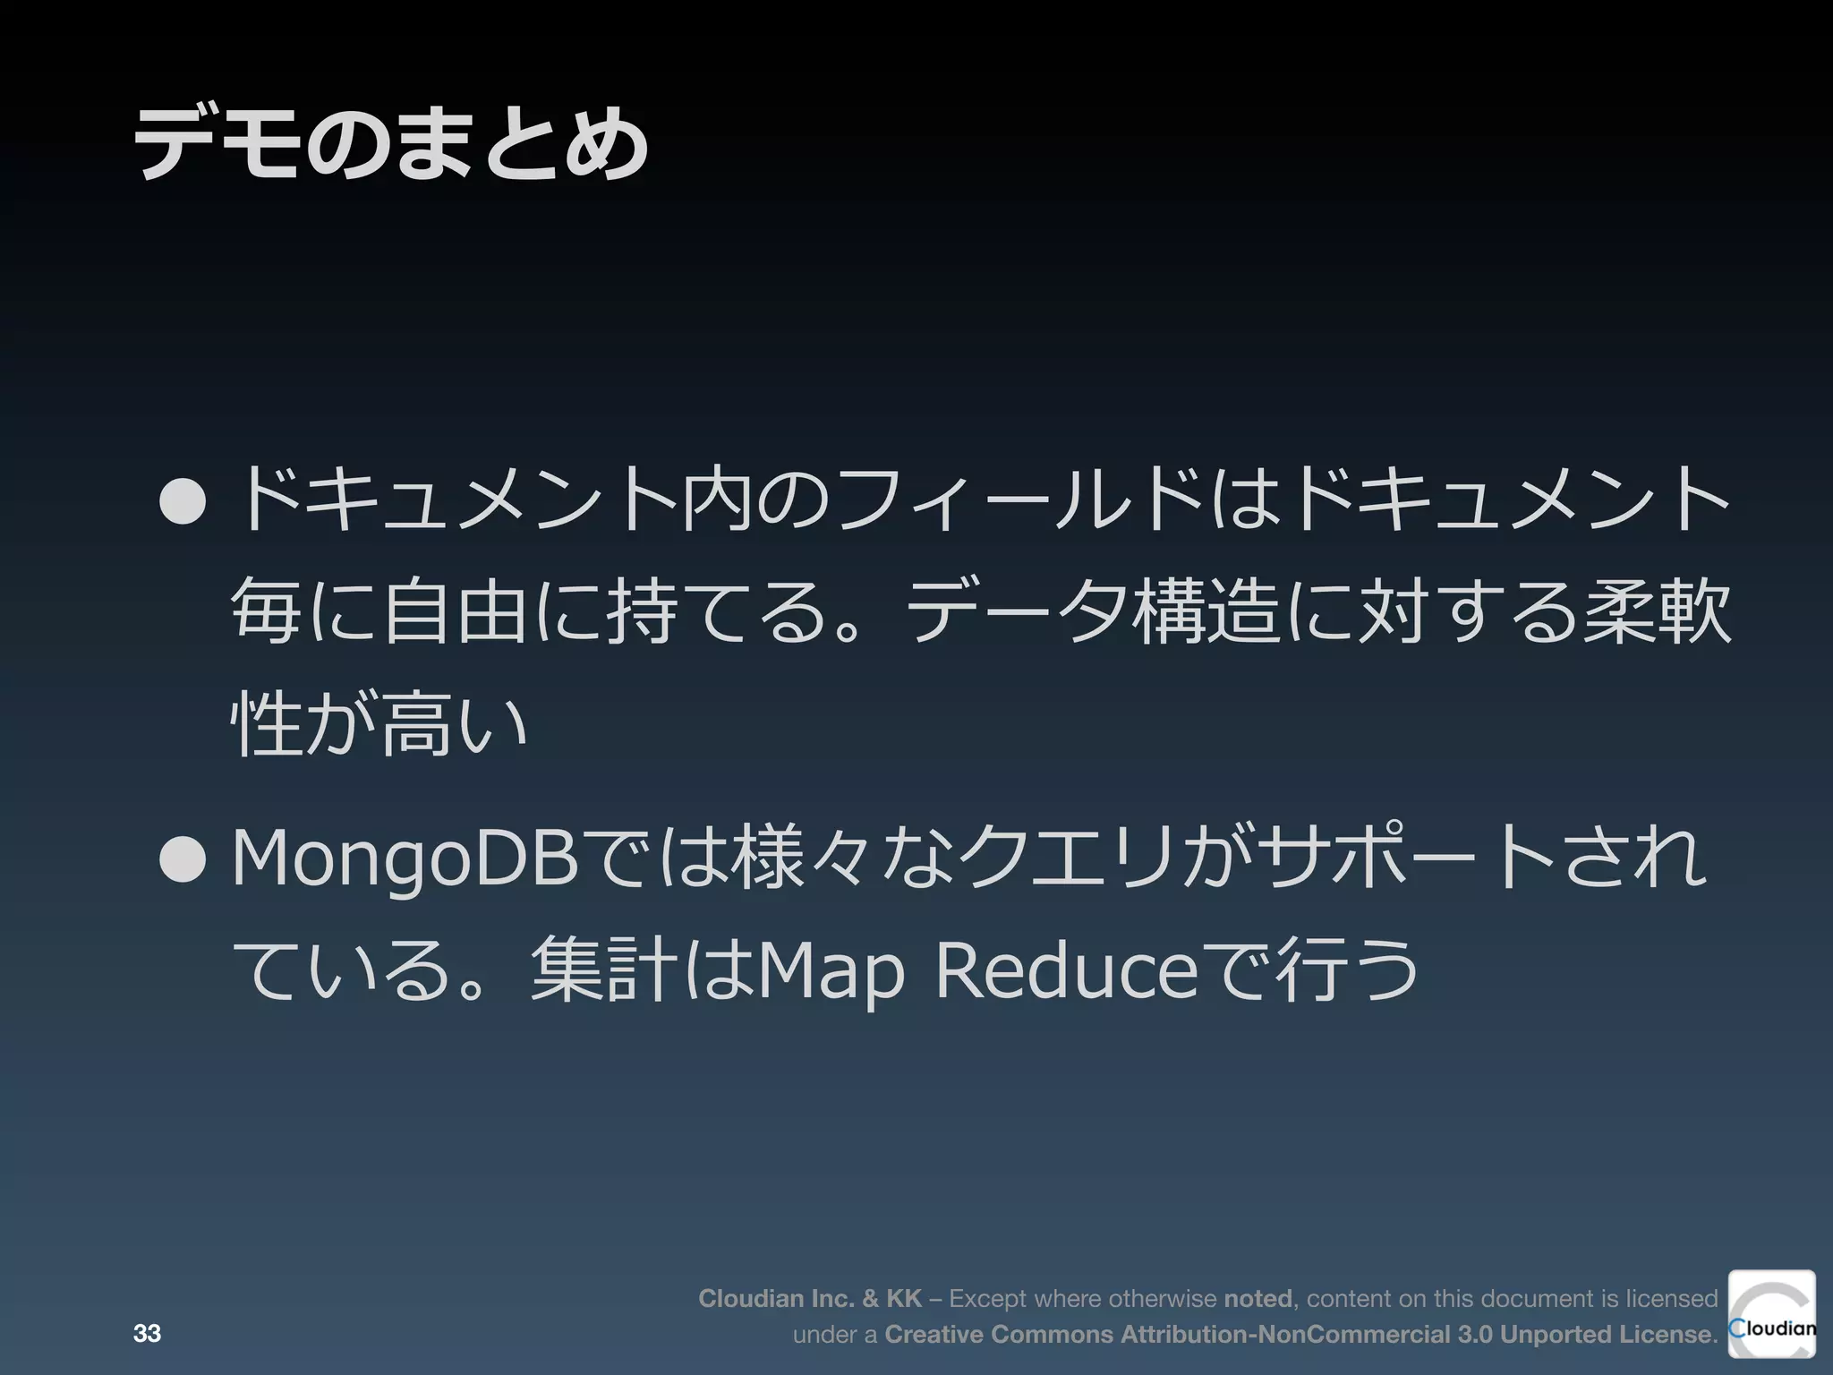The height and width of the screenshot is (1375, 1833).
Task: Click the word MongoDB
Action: click(x=405, y=860)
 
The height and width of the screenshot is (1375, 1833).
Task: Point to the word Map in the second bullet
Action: click(x=831, y=972)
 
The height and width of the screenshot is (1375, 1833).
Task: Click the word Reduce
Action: click(x=1066, y=970)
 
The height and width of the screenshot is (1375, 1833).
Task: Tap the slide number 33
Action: click(x=147, y=1333)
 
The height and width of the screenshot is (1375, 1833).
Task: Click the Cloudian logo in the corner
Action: click(x=1771, y=1313)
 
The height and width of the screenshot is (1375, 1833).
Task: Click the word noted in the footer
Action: click(x=1258, y=1298)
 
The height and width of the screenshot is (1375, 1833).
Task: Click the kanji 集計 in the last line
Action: click(x=605, y=970)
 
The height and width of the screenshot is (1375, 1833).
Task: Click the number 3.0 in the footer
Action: click(x=1474, y=1334)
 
